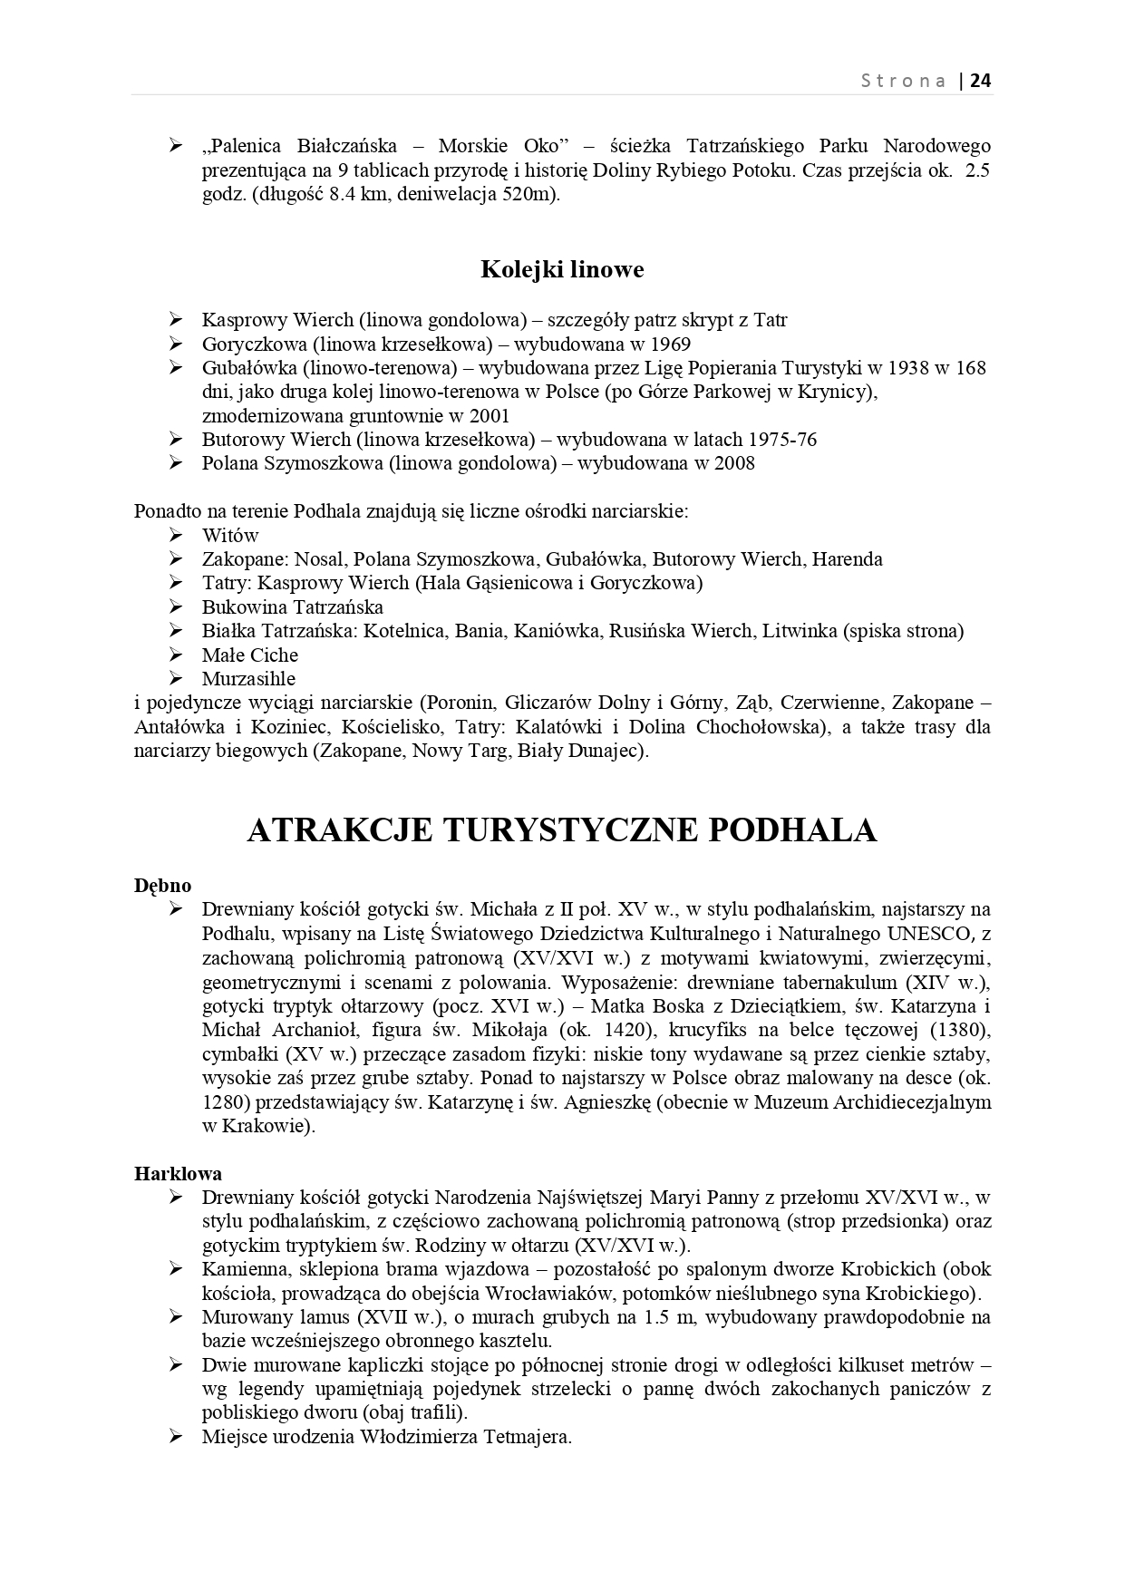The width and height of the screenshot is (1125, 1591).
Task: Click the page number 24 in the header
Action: [x=981, y=81]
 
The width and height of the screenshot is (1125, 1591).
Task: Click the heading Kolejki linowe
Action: [x=562, y=269]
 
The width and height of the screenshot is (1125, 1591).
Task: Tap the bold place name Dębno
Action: [x=163, y=886]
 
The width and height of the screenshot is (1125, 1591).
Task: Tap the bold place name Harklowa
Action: [x=178, y=1174]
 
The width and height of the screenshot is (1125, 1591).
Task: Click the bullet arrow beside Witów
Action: [x=176, y=535]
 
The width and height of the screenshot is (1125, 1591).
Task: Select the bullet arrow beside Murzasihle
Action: [x=176, y=678]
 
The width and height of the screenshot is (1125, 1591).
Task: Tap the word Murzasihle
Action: [x=248, y=679]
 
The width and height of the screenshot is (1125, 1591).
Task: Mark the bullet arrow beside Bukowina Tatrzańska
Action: [x=176, y=606]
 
